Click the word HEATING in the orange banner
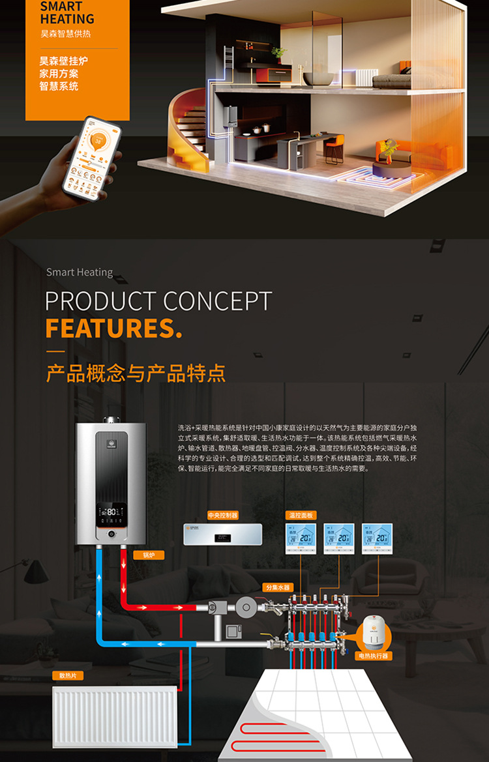pos(67,20)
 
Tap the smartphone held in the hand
pos(92,156)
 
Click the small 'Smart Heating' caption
pos(80,272)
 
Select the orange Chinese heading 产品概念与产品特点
pos(136,374)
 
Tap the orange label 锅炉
pos(149,555)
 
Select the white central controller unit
pos(222,535)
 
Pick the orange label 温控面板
pos(300,515)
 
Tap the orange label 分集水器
pos(277,587)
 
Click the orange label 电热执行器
pos(373,655)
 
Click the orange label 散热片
pos(67,676)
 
